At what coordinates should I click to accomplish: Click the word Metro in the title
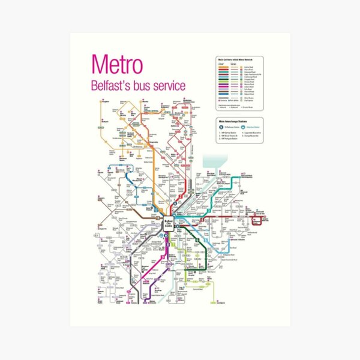[x=116, y=65]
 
